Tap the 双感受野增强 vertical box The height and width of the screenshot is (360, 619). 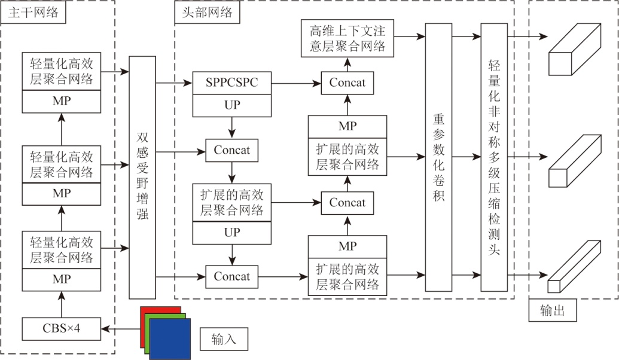(x=142, y=178)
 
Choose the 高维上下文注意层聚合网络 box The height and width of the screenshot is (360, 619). (x=347, y=37)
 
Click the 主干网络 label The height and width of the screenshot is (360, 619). (x=33, y=11)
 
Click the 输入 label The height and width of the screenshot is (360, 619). (x=224, y=340)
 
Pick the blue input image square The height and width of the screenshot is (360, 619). (x=170, y=338)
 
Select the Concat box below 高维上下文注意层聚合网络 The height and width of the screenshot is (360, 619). (x=347, y=82)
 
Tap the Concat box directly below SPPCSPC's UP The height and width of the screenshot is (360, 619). (x=231, y=150)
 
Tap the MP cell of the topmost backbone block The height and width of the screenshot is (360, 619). (x=62, y=101)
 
